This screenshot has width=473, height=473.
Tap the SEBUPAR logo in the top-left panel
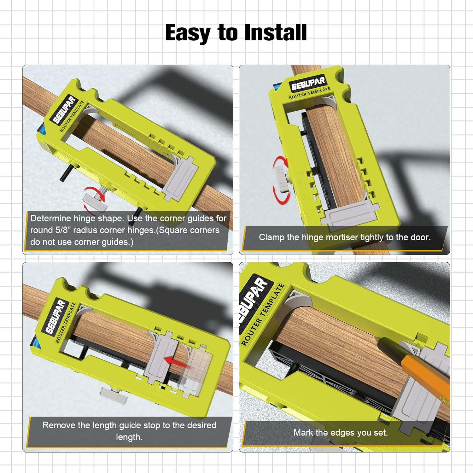pyautogui.click(x=64, y=110)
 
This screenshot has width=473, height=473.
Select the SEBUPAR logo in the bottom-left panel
pyautogui.click(x=55, y=316)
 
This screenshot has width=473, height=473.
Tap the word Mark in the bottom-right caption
pyautogui.click(x=303, y=433)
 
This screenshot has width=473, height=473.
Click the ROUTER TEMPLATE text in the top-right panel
pyautogui.click(x=309, y=93)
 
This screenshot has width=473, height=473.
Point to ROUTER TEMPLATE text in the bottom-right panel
pyautogui.click(x=262, y=314)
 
